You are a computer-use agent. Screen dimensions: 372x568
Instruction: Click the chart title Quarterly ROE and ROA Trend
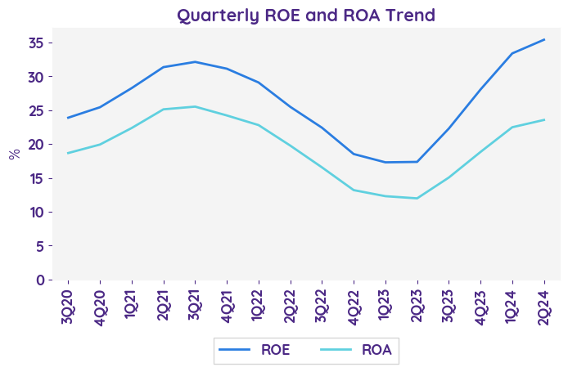(306, 15)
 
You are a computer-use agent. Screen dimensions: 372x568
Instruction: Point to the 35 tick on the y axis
(37, 43)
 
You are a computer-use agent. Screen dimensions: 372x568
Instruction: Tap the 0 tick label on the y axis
(40, 280)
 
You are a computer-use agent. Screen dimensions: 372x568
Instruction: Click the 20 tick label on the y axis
(37, 144)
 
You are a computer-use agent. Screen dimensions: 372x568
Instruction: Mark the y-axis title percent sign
(14, 154)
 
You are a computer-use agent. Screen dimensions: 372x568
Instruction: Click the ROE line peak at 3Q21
(195, 62)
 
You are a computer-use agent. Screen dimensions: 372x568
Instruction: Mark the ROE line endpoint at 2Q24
(544, 39)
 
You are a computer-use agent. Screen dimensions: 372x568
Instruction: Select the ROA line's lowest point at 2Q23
(417, 198)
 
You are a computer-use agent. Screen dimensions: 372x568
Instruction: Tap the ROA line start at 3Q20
(67, 153)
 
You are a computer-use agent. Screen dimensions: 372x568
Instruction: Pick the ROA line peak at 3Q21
(195, 106)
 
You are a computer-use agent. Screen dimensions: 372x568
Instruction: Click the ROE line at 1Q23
(385, 162)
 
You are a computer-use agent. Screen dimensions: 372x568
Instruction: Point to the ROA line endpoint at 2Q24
(544, 120)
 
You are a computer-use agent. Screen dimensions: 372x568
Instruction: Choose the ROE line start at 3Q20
(67, 118)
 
